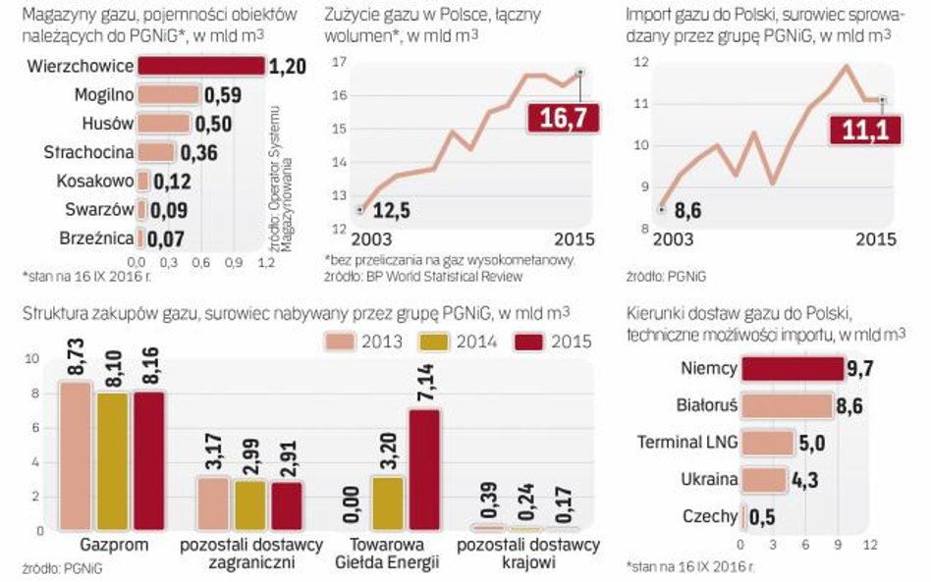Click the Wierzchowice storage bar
pos(200,67)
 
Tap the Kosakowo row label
pos(93,182)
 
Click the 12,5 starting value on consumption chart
pos(391,210)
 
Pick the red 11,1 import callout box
pos(864,130)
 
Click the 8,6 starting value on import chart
pos(690,209)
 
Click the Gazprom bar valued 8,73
pos(75,456)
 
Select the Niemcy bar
pos(791,369)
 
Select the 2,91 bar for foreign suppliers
pos(287,506)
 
